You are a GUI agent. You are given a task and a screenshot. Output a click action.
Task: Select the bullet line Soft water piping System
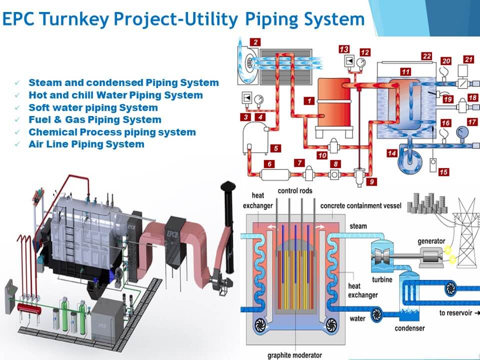click(93, 107)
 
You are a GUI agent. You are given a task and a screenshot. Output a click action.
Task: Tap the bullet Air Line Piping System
click(86, 144)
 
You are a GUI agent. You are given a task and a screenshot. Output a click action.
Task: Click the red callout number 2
click(255, 42)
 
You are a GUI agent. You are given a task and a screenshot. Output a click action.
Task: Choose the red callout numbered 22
click(426, 56)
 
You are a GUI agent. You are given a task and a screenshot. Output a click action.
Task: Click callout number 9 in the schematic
click(370, 182)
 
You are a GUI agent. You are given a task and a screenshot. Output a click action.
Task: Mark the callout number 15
click(443, 172)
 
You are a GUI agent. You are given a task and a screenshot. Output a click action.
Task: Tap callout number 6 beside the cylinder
click(270, 164)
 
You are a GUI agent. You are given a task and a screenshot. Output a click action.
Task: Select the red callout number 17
click(471, 122)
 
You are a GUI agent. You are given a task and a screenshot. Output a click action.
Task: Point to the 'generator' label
click(430, 241)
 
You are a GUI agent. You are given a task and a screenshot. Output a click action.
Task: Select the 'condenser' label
click(409, 328)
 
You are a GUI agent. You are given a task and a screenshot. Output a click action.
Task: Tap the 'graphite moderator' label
click(294, 355)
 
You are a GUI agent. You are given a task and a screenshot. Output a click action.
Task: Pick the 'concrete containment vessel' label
click(358, 205)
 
